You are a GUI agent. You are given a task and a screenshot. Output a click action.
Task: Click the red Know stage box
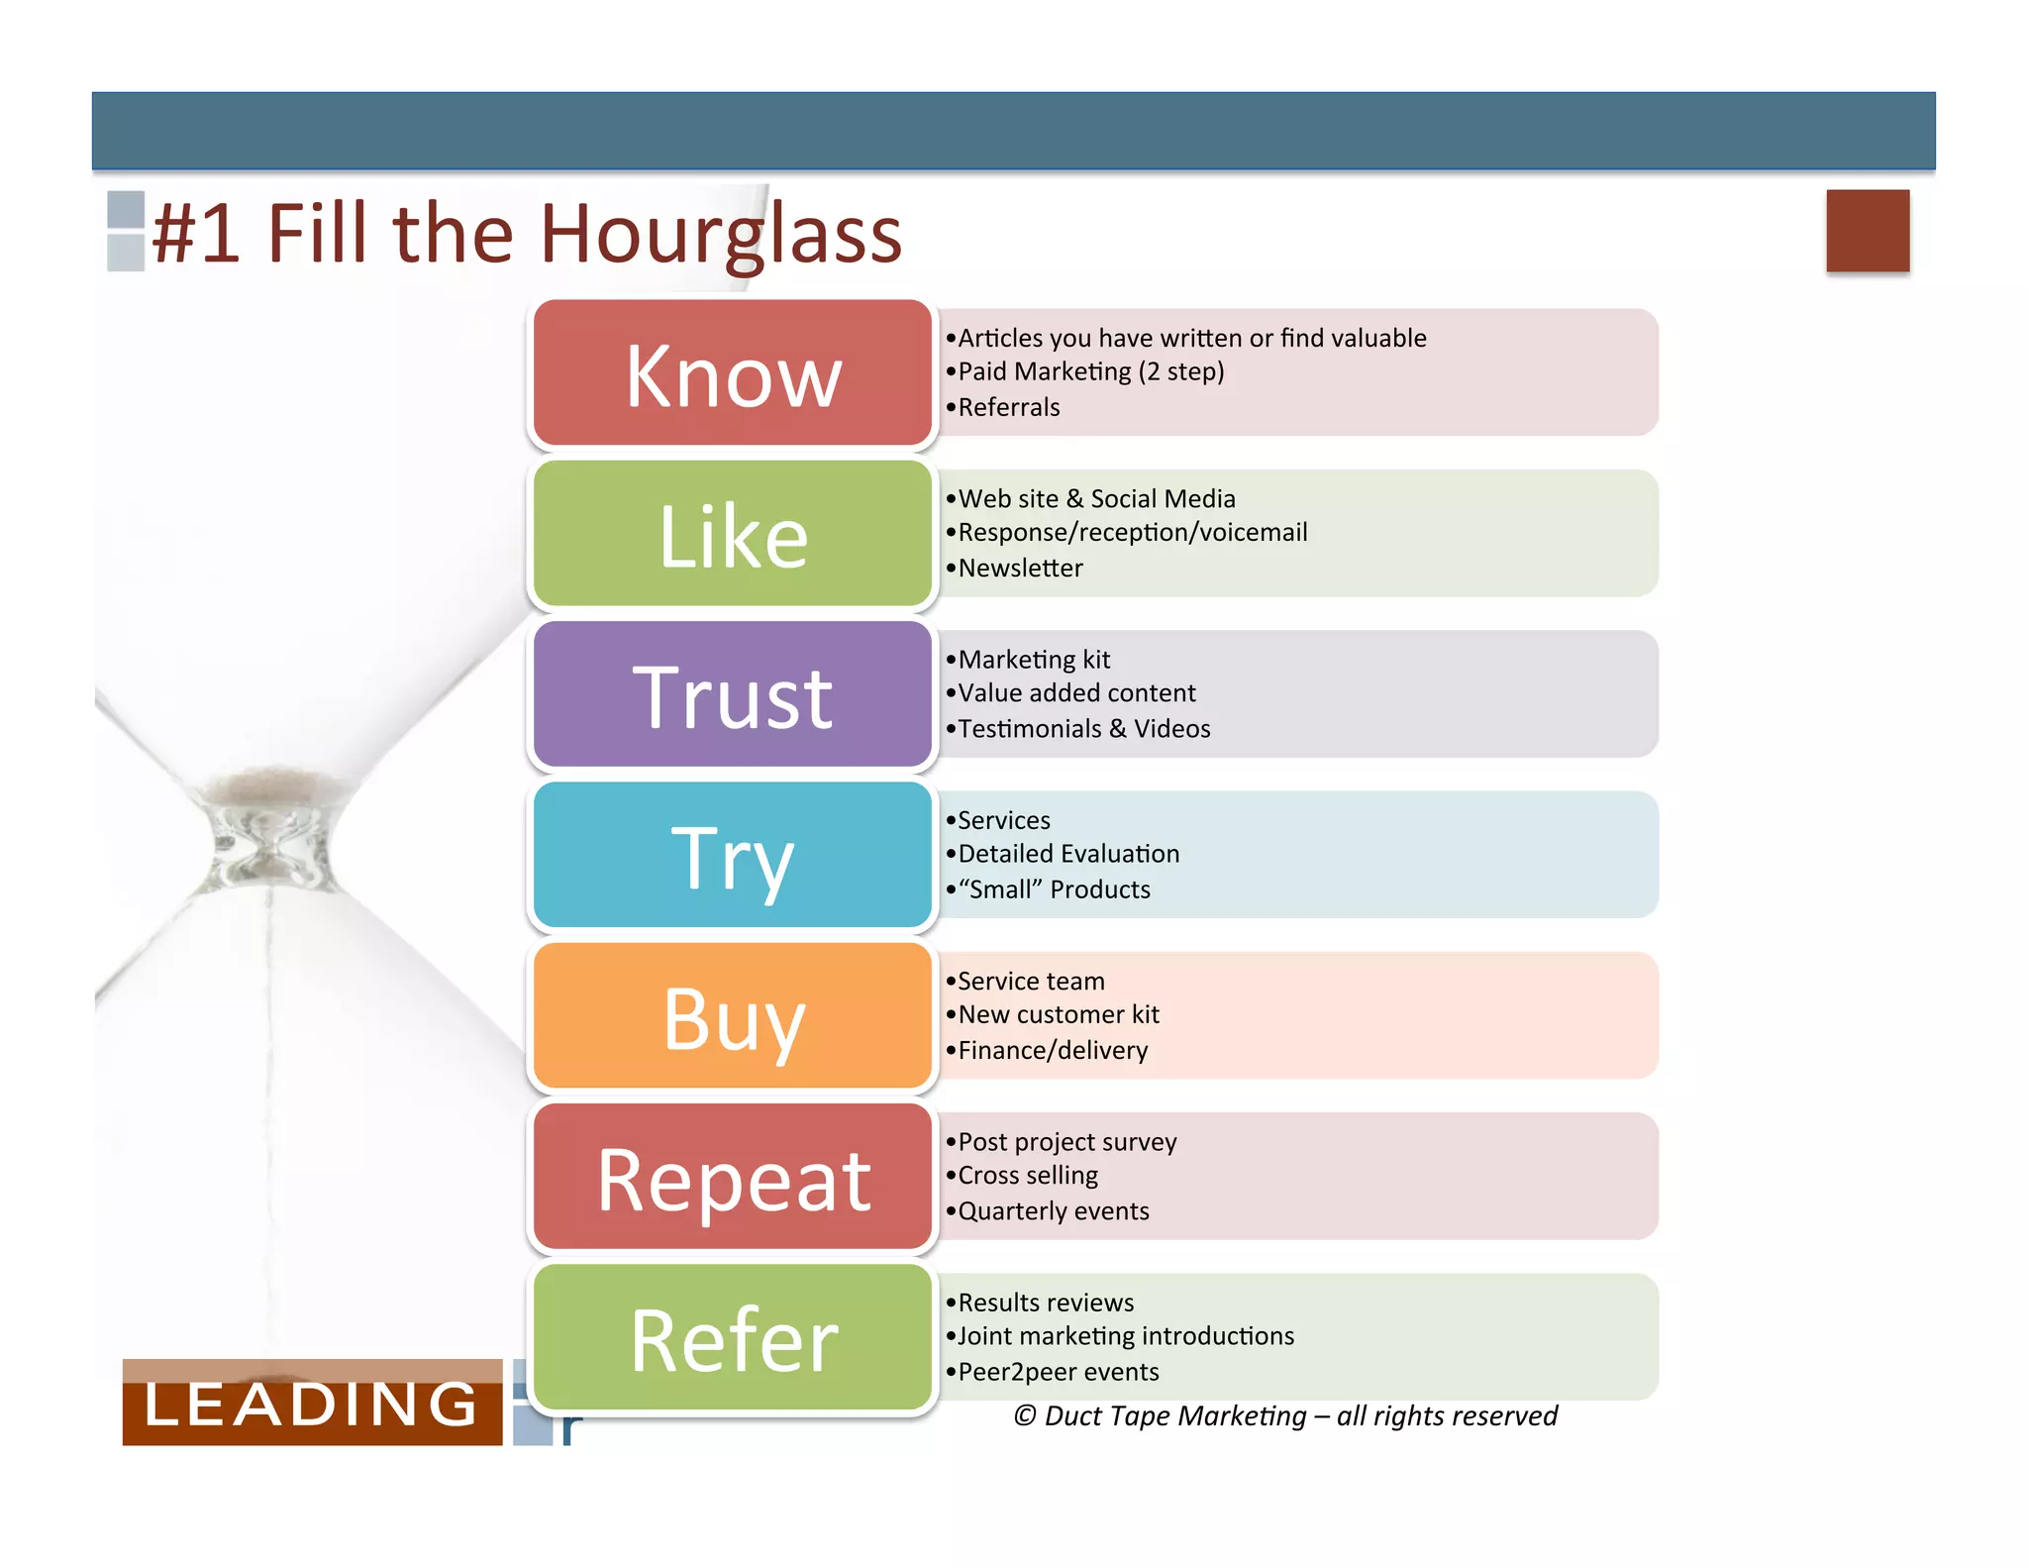pyautogui.click(x=733, y=373)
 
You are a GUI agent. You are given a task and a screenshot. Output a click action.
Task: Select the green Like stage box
pyautogui.click(x=733, y=534)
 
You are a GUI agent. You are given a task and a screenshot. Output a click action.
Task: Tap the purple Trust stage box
pyautogui.click(x=733, y=694)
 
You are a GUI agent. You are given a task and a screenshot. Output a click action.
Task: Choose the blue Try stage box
pyautogui.click(x=733, y=855)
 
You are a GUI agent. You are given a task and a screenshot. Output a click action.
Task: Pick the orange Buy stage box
pyautogui.click(x=733, y=1015)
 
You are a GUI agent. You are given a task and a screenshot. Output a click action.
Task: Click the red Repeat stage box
pyautogui.click(x=733, y=1177)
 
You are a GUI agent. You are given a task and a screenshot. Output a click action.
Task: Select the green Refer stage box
pyautogui.click(x=733, y=1337)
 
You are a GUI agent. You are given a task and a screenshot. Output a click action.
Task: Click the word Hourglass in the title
pyautogui.click(x=720, y=235)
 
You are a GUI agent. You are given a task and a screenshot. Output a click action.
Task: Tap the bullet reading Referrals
pyautogui.click(x=1008, y=407)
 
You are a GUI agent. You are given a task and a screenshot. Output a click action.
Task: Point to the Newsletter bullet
pyautogui.click(x=1020, y=568)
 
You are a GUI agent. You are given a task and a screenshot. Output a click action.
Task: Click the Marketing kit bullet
pyautogui.click(x=1034, y=660)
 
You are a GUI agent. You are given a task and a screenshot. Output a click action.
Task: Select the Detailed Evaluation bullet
pyautogui.click(x=1068, y=854)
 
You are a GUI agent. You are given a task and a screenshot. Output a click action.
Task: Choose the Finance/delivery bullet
pyautogui.click(x=1053, y=1050)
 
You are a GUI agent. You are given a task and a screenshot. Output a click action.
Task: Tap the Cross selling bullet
pyautogui.click(x=1028, y=1176)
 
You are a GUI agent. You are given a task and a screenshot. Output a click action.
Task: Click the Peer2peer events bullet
pyautogui.click(x=1058, y=1372)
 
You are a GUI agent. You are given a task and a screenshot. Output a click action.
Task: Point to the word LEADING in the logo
pyautogui.click(x=311, y=1405)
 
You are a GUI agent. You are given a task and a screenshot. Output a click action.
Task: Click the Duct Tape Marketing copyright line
pyautogui.click(x=1285, y=1416)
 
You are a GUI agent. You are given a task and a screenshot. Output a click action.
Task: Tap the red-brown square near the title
pyautogui.click(x=1868, y=231)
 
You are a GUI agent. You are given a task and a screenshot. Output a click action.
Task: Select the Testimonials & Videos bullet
pyautogui.click(x=1083, y=729)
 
